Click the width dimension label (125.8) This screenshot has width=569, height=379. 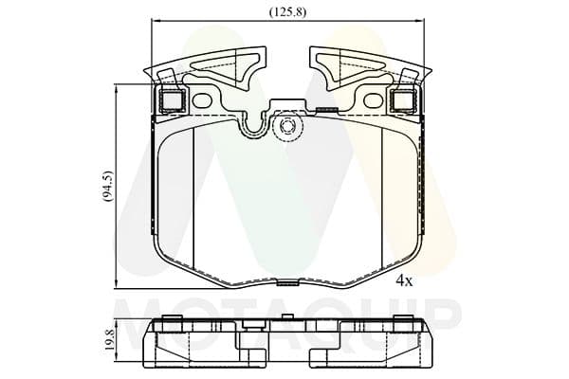click(x=287, y=12)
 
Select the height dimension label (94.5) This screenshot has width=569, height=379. click(x=108, y=186)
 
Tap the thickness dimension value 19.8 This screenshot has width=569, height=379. click(x=110, y=338)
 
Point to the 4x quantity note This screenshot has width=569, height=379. click(x=404, y=280)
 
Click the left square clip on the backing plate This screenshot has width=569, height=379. click(x=173, y=99)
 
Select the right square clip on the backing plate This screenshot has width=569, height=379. click(x=403, y=99)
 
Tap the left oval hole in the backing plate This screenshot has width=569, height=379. click(x=202, y=100)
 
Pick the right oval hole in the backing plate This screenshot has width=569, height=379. click(x=373, y=100)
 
